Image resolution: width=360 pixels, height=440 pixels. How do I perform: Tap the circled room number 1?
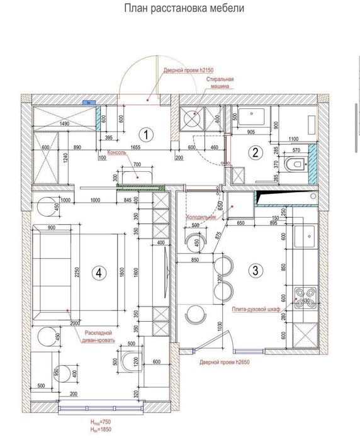coord(146,134)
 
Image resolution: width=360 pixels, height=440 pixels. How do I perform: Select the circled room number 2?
coord(255,152)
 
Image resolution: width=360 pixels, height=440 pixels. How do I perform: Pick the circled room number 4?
coord(98,273)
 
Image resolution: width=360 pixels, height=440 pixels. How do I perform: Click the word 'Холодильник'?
coord(201,217)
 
